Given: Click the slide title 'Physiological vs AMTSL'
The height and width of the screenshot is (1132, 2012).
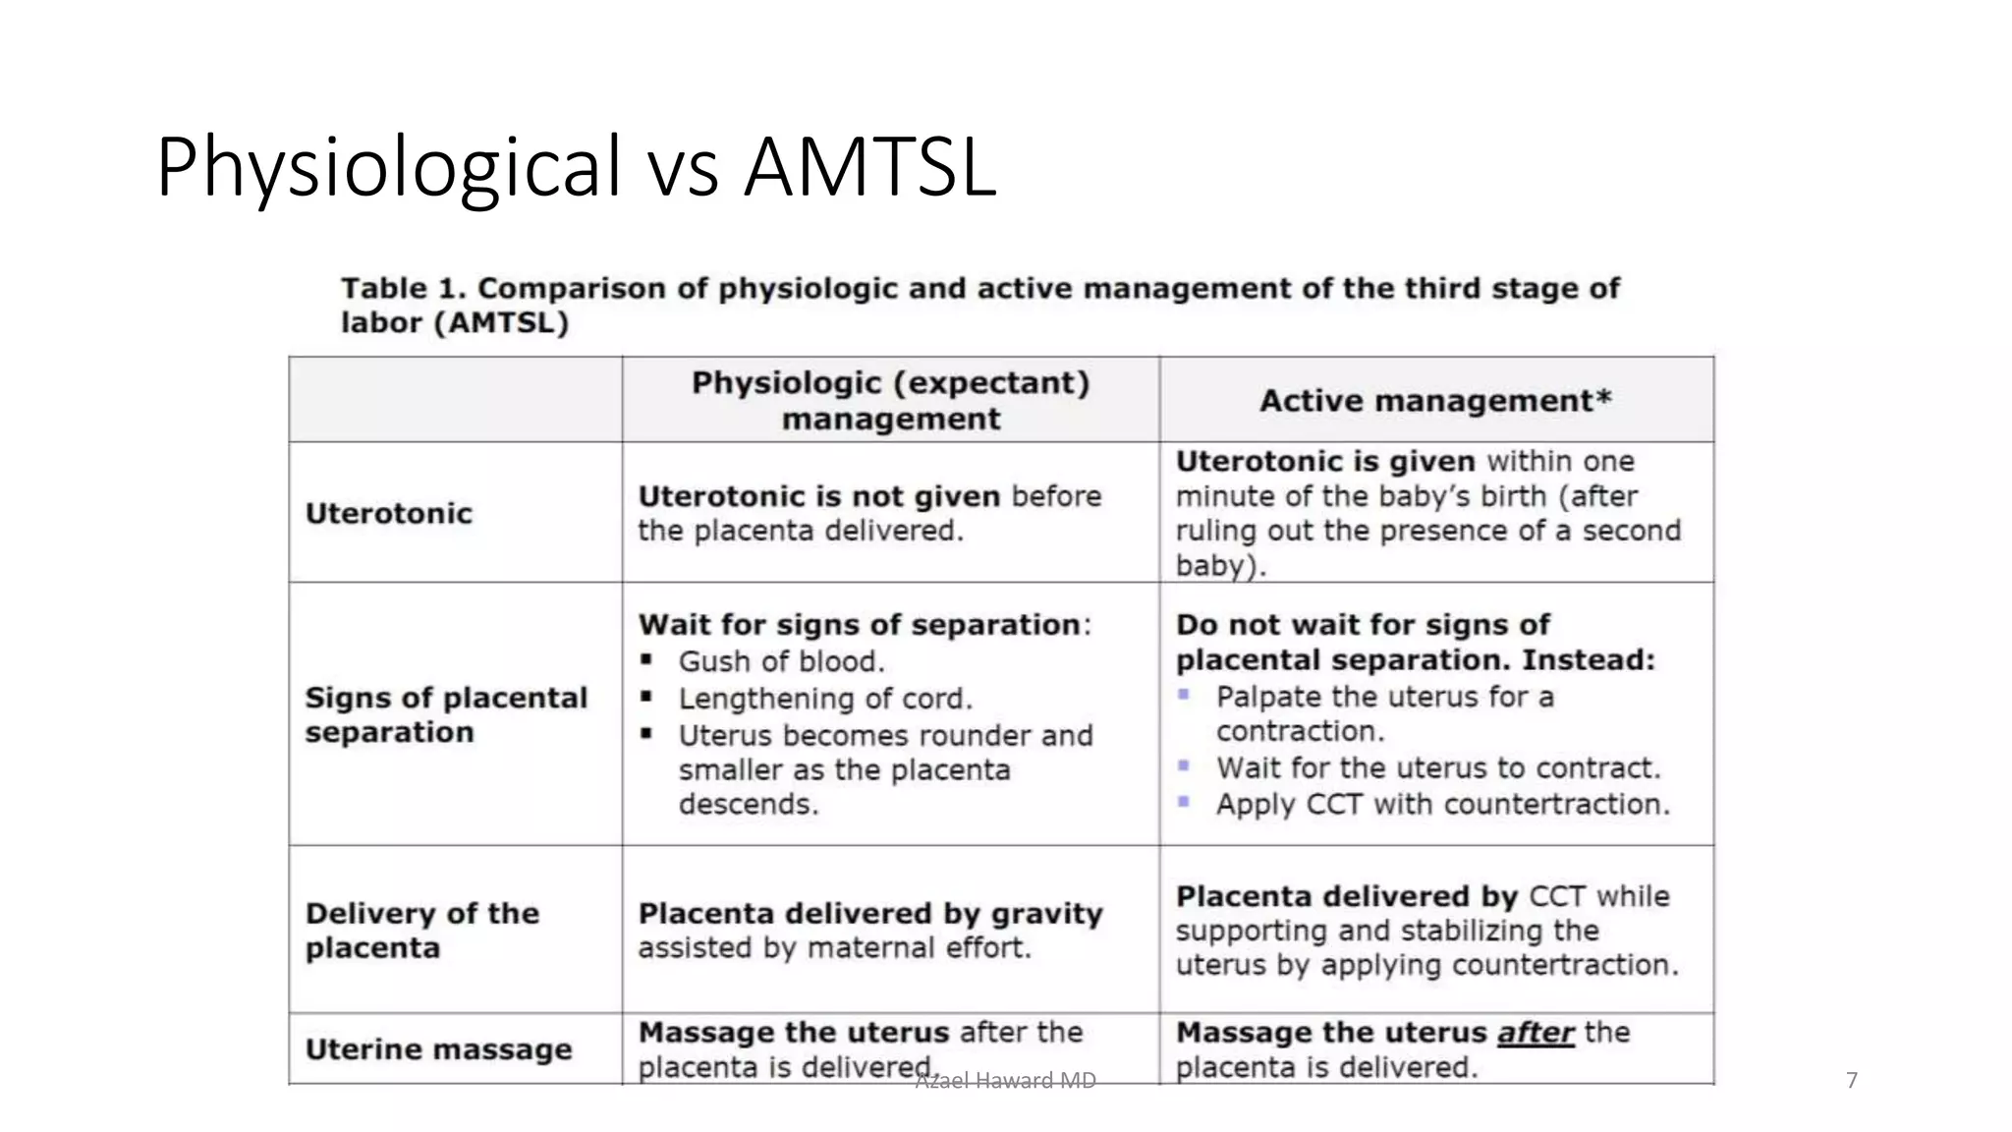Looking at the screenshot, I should point(576,167).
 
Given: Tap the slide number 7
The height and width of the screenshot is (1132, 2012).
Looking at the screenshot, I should point(1852,1080).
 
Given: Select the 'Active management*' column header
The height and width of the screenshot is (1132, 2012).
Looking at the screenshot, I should point(1435,400).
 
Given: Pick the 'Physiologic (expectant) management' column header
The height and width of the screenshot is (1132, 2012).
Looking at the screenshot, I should point(890,400).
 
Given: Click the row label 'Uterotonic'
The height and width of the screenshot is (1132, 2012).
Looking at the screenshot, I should point(389,513).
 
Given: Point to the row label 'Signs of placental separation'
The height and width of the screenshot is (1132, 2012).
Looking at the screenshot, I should point(445,714).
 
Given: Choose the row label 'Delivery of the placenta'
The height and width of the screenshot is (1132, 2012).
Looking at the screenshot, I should point(421,930).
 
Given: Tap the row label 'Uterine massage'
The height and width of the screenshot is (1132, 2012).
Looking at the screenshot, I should point(438,1048).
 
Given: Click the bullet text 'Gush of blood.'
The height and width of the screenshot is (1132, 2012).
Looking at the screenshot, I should point(781,661).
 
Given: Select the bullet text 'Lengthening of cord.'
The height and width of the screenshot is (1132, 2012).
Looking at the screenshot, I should point(825,699).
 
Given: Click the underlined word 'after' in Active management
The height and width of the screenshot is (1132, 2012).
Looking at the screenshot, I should point(1536,1032).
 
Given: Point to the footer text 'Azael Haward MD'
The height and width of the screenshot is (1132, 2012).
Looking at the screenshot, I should point(1005,1081).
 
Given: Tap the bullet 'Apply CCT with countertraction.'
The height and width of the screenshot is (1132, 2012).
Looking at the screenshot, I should point(1442,804).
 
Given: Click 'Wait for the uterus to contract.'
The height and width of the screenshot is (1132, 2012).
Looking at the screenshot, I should point(1438,767).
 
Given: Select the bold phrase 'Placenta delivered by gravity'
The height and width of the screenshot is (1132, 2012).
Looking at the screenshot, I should point(870,913).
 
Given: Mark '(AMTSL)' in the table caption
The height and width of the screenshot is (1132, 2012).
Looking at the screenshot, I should point(501,322).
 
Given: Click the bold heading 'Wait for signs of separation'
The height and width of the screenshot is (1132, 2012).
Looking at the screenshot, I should point(860,624).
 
